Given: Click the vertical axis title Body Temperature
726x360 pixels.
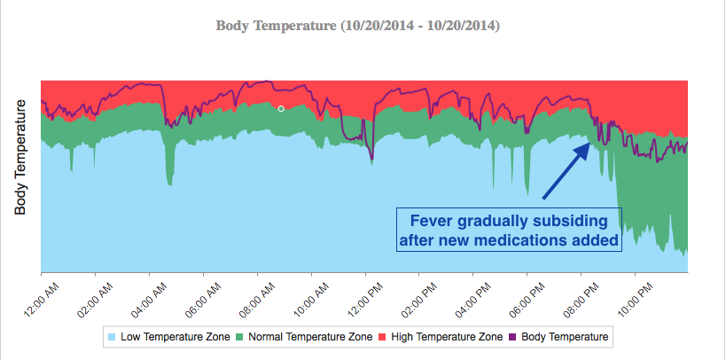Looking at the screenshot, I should point(21,158).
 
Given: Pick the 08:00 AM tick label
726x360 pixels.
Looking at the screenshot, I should point(264,298).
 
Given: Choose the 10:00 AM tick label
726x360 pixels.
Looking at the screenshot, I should point(317,298).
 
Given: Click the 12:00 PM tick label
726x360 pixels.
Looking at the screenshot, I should point(371,298).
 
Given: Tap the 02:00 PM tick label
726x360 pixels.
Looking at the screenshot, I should point(425,298).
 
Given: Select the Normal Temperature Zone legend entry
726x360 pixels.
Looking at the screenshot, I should point(303,337).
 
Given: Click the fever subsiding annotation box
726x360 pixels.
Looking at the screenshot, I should point(509,230).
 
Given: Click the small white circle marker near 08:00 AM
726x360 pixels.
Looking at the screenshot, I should point(281,108).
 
